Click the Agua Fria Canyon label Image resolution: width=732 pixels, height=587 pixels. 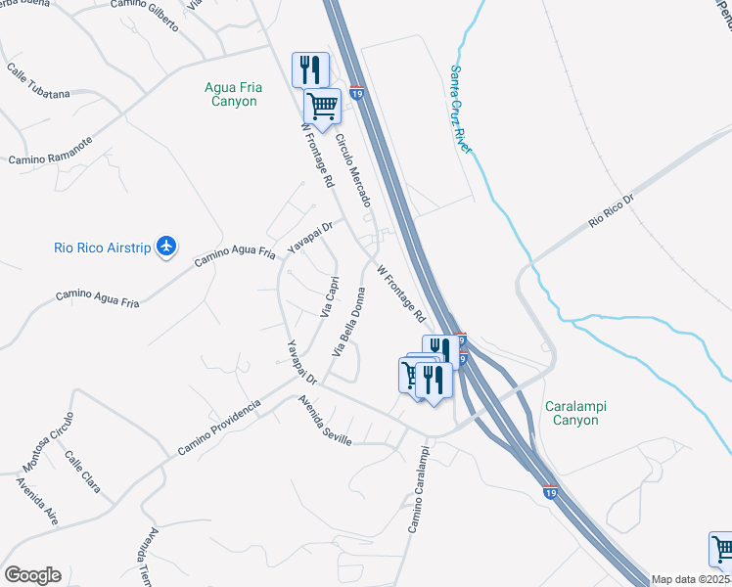click(231, 94)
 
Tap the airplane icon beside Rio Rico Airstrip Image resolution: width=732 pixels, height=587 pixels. click(166, 247)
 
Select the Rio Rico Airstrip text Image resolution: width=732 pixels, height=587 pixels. click(102, 248)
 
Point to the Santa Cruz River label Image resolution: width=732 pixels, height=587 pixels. click(460, 109)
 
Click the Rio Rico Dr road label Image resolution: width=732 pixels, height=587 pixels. click(613, 211)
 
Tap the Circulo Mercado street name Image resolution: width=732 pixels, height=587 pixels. click(353, 170)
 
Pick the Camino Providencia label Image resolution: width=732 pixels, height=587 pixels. click(219, 428)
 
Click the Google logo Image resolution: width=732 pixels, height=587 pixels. click(32, 575)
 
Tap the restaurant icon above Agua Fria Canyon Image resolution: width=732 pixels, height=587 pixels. click(310, 68)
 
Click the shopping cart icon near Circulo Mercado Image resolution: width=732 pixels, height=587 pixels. click(321, 104)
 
